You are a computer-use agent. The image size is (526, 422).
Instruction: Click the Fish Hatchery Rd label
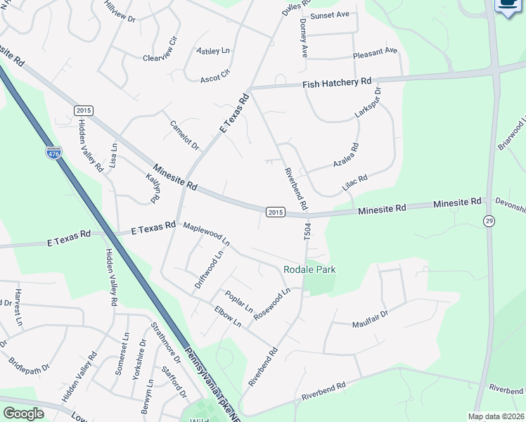[337, 83]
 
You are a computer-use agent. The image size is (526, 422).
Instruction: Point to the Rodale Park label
[309, 269]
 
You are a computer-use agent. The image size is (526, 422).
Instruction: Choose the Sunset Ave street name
[330, 15]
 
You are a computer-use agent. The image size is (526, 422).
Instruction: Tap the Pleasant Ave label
[375, 51]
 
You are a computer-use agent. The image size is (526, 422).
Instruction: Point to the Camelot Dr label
[185, 134]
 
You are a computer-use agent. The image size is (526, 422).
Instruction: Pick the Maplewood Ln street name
[206, 233]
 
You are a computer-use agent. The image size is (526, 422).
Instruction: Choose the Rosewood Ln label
[271, 304]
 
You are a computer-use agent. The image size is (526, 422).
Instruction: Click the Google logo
[23, 414]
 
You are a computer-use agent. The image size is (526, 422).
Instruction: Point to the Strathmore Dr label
[166, 345]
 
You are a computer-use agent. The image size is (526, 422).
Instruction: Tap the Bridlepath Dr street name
[29, 366]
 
